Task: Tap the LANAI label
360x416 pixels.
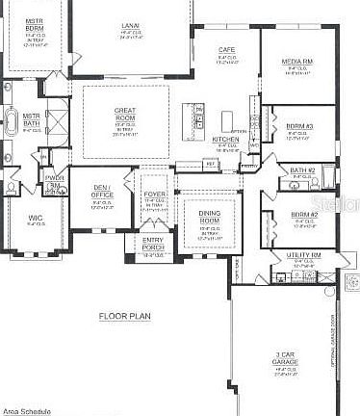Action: pos(130,26)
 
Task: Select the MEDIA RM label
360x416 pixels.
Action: pos(296,62)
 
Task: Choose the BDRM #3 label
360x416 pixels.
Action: pos(297,126)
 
